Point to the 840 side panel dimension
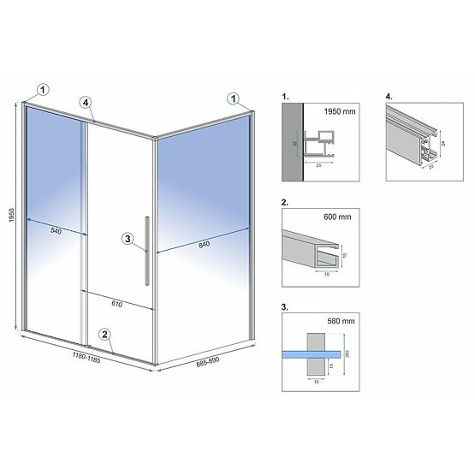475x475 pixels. coord(202,244)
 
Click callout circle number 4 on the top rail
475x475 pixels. coord(86,103)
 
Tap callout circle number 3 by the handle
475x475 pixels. coord(128,240)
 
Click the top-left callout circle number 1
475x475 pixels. coord(44,86)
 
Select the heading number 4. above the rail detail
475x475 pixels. coord(389,98)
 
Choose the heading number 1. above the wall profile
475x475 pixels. coord(285,98)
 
